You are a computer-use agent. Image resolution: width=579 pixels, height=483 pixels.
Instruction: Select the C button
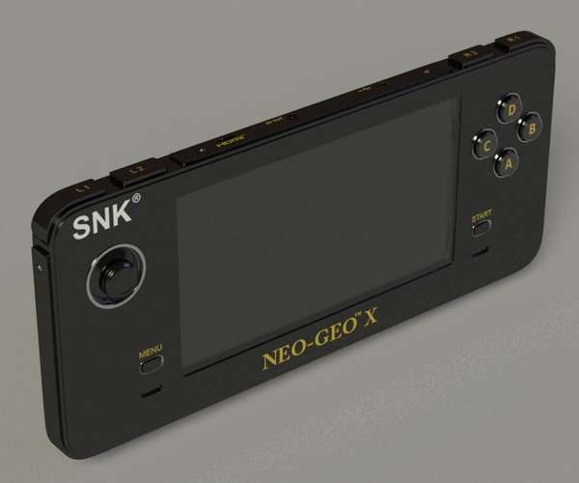tap(485, 145)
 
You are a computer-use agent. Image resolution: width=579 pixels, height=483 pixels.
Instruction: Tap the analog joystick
tap(118, 277)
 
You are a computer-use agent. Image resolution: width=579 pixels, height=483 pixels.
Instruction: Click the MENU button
tap(150, 362)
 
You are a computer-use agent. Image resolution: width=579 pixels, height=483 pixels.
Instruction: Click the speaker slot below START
tap(479, 255)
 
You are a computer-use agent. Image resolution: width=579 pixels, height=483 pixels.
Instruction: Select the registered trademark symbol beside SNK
tap(136, 198)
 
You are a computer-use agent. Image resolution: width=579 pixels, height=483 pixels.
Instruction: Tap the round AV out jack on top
tap(291, 119)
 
